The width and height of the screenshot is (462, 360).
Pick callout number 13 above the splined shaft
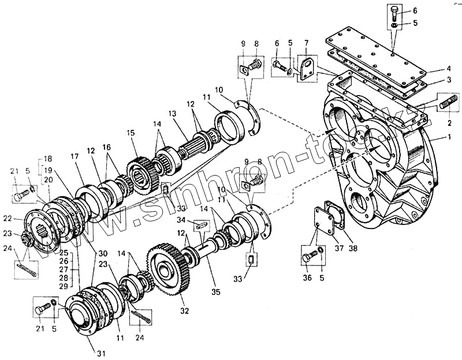171,114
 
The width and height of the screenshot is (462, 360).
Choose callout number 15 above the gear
131,133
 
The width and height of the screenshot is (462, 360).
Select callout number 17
74,156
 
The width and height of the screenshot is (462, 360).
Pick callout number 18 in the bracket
47,158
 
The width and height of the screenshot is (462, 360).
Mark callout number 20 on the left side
48,180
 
